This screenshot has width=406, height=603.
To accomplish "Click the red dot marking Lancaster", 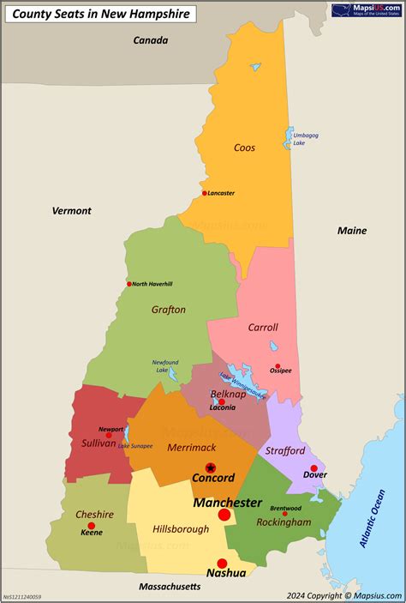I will [204, 193].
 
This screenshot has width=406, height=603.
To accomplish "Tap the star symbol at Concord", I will [211, 467].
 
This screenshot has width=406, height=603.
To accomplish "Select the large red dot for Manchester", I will [224, 515].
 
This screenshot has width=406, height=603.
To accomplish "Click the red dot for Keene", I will [92, 526].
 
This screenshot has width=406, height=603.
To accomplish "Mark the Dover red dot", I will [314, 468].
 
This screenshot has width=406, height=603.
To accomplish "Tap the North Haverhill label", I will [152, 284].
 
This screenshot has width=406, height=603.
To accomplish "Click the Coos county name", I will [244, 148].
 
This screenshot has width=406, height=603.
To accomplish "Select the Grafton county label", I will [169, 310].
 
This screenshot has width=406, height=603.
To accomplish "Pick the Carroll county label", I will [263, 327].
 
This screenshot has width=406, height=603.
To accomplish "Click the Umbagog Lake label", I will [305, 139].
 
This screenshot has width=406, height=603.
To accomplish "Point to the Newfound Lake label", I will [165, 366].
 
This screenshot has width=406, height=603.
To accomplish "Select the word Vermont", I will [71, 210].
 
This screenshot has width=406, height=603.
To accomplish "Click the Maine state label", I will [351, 231].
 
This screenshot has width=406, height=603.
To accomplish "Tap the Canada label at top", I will [151, 40].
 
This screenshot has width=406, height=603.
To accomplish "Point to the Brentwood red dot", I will [284, 514].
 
